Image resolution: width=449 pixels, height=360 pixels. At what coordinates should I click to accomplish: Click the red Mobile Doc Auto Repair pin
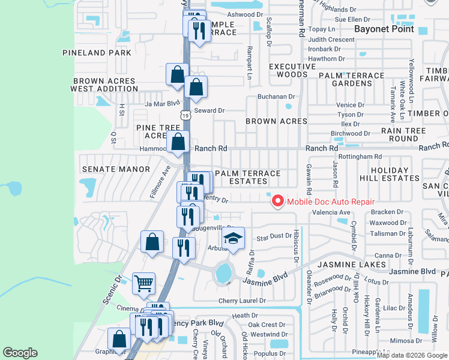point(277,201)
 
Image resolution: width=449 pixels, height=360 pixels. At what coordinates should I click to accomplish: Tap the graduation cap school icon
point(233,238)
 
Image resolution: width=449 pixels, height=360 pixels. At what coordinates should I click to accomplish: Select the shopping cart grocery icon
point(144,283)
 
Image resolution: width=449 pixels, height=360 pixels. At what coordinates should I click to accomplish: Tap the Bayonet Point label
point(384,29)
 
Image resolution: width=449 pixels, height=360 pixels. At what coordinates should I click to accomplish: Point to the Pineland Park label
point(97,53)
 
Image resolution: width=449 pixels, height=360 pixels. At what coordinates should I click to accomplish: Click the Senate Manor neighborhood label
point(115,169)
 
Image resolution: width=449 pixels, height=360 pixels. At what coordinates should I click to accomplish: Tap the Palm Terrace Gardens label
point(351,79)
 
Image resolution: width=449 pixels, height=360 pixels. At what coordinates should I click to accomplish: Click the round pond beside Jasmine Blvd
point(224,273)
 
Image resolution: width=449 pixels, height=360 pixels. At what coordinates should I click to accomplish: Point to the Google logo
point(20,353)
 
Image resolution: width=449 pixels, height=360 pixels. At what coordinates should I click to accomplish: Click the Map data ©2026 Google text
point(412,355)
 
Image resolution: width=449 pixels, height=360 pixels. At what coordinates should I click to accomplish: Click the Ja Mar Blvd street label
point(163,103)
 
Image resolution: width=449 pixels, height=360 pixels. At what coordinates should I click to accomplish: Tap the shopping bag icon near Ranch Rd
point(178,143)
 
